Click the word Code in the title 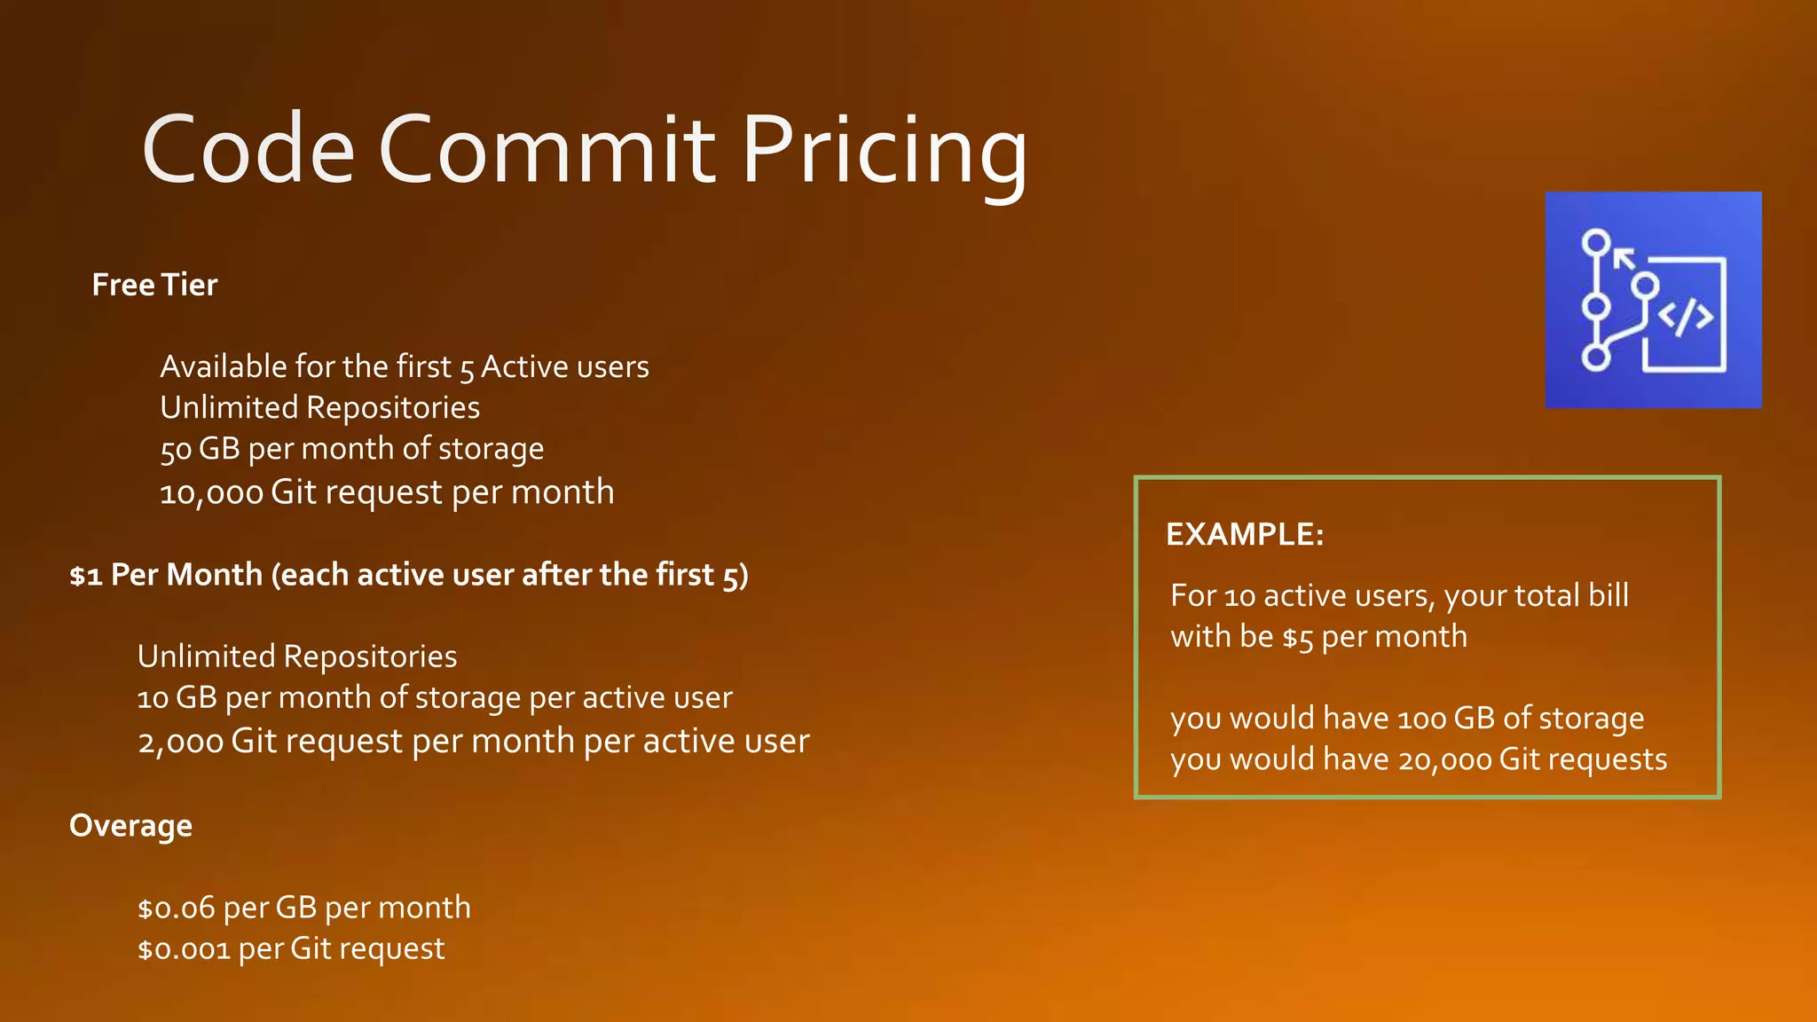pos(248,151)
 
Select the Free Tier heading pos(154,285)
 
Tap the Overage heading pos(130,826)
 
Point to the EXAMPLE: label pos(1244,534)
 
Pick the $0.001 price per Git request pos(184,949)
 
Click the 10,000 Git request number pos(211,493)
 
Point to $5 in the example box pos(1297,638)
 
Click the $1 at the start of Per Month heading pos(85,576)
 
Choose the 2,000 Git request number pos(180,742)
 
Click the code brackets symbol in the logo pos(1685,316)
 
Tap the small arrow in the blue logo pos(1623,259)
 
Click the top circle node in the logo pos(1596,242)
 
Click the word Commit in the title pos(547,151)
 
